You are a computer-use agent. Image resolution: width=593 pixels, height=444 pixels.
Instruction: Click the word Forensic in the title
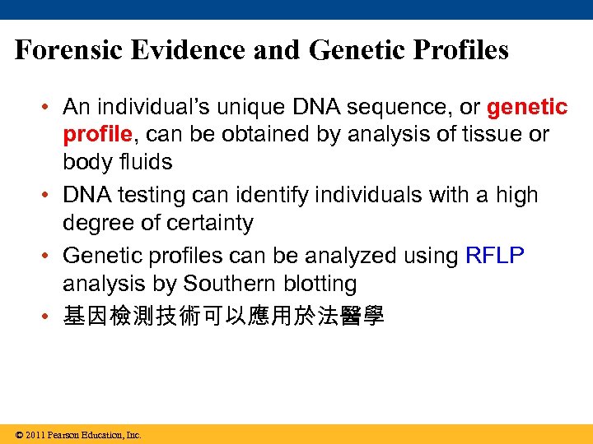coord(68,50)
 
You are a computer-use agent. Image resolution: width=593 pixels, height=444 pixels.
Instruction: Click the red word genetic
coord(527,107)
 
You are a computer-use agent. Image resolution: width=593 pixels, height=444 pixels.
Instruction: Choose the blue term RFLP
coord(494,256)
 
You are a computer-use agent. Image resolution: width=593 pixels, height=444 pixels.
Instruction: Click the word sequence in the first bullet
coord(390,107)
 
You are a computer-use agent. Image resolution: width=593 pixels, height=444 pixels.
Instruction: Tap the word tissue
coord(489,134)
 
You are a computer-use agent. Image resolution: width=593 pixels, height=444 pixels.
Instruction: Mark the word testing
coord(141,195)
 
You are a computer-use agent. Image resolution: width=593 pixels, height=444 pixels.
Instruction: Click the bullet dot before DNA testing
coord(50,196)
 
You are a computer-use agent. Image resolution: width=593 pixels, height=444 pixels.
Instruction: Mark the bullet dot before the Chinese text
coord(50,317)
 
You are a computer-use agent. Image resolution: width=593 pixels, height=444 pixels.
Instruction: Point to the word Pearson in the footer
coord(63,435)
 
